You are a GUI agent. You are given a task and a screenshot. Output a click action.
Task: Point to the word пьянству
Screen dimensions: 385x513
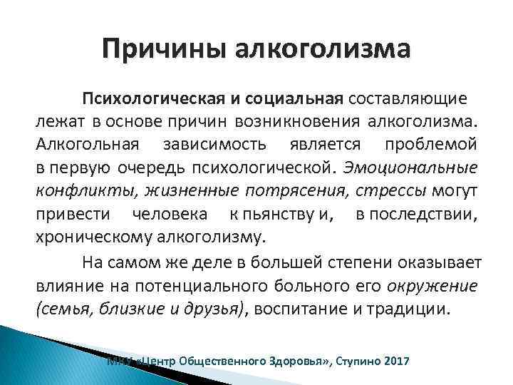(274, 214)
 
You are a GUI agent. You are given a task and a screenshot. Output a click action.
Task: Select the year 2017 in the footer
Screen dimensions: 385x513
(395, 361)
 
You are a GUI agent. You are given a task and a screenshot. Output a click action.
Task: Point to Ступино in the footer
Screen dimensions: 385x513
(353, 361)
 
